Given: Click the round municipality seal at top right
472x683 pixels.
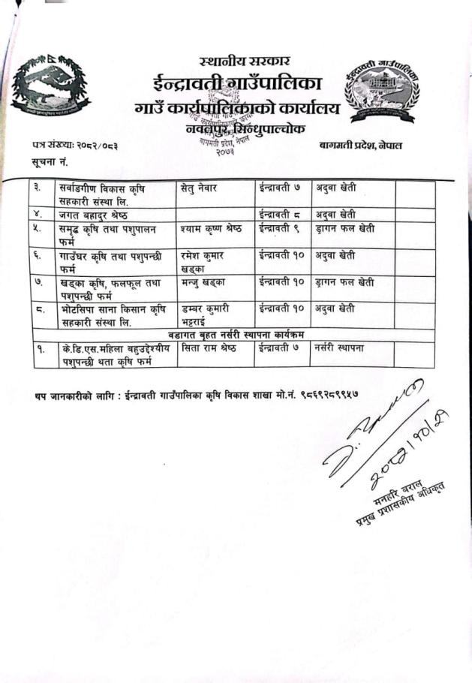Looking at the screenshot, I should pyautogui.click(x=381, y=88).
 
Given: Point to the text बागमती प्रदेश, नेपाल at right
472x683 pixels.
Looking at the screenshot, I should pyautogui.click(x=360, y=145).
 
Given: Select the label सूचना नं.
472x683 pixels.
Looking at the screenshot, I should pyautogui.click(x=50, y=162).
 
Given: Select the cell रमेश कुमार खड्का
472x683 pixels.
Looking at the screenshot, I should pyautogui.click(x=206, y=261).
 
